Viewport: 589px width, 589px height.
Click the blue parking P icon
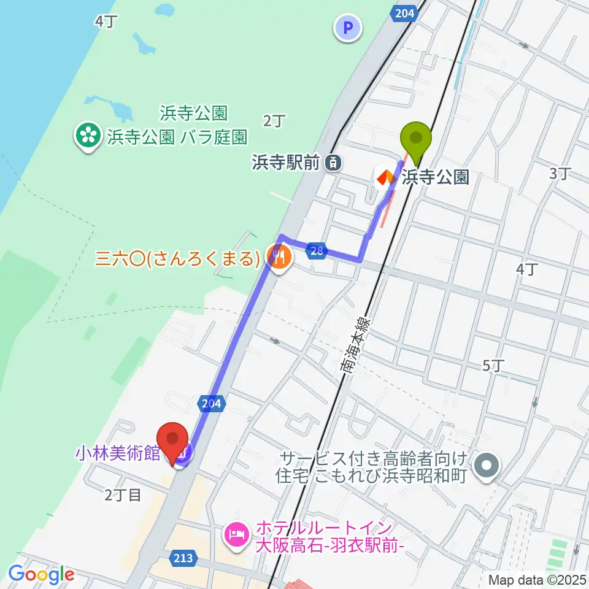pos(348,28)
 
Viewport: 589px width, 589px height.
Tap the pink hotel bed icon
pos(237,533)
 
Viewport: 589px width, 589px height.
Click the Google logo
pos(41,574)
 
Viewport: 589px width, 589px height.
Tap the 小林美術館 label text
pos(117,453)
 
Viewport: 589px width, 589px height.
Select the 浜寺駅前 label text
pos(285,163)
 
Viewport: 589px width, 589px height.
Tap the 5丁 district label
pos(494,366)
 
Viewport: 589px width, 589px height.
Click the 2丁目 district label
pos(123,495)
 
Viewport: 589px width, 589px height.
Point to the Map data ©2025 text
pos(538,579)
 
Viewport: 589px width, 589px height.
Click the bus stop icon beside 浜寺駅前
pos(333,163)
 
